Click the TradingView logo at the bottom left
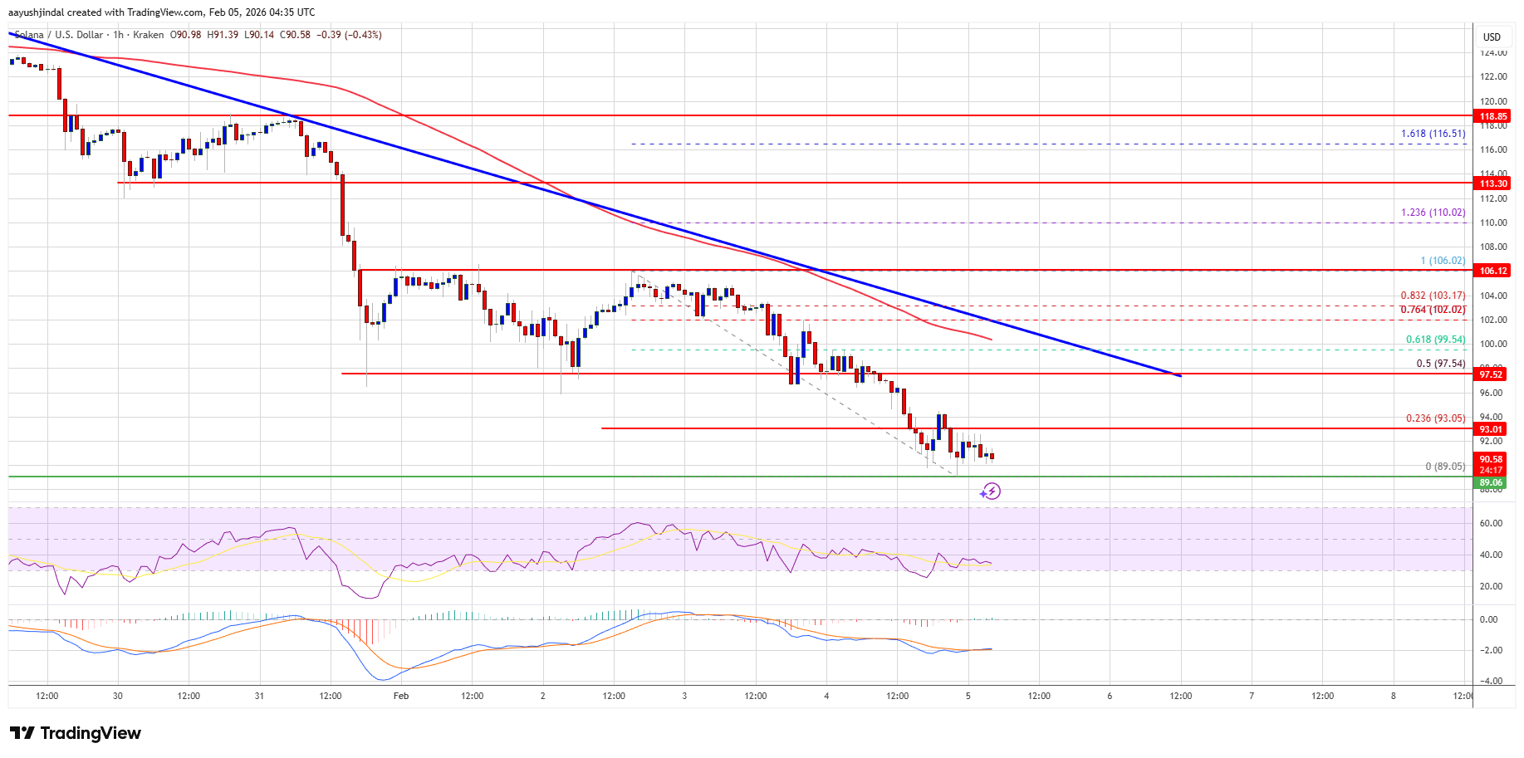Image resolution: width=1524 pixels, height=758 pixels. [x=76, y=733]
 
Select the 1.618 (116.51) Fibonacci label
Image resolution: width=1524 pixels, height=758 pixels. [x=1433, y=134]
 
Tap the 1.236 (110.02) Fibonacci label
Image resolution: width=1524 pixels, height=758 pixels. [x=1433, y=213]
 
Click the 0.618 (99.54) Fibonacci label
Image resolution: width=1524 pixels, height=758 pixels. [x=1435, y=340]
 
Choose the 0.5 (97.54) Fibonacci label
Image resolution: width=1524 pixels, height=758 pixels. [x=1440, y=364]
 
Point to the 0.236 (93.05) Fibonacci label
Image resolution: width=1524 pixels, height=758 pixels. [x=1435, y=418]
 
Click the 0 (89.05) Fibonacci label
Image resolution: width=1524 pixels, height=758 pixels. [x=1445, y=467]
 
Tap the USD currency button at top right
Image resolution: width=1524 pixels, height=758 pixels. [x=1492, y=37]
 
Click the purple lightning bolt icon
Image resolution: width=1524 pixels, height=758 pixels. [x=990, y=491]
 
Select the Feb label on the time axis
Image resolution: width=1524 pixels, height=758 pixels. [x=401, y=696]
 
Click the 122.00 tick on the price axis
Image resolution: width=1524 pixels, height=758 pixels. [x=1493, y=76]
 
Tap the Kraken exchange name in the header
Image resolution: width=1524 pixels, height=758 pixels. [x=148, y=35]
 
